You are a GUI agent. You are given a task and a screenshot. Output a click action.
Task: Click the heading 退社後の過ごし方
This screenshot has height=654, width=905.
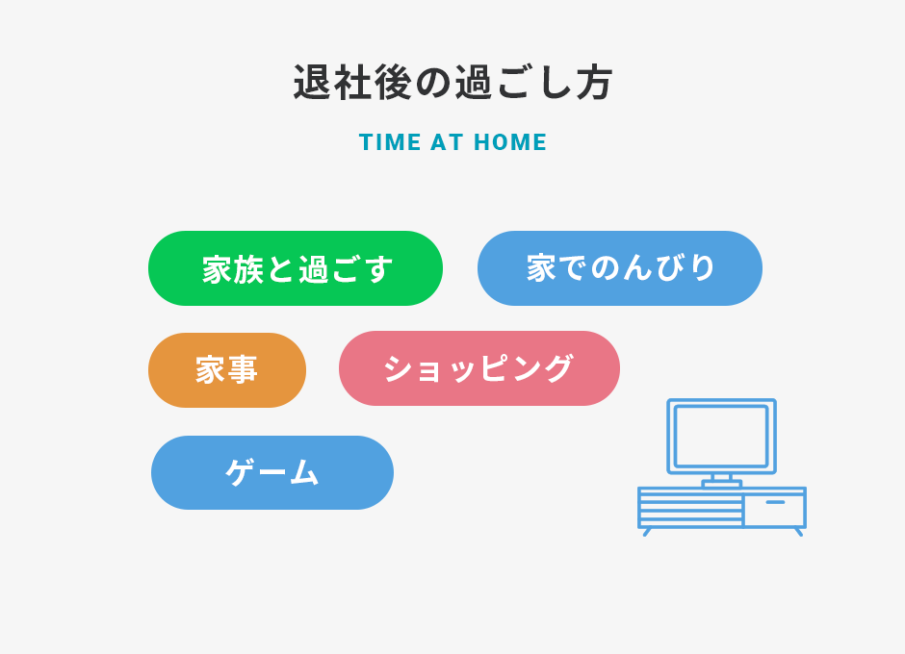pos(452,83)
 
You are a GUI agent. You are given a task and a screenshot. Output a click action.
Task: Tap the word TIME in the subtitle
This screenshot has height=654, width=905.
pos(390,142)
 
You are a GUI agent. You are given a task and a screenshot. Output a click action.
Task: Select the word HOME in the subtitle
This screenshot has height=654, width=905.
pos(510,142)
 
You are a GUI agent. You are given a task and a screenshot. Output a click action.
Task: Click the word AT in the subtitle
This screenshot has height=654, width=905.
pos(448,142)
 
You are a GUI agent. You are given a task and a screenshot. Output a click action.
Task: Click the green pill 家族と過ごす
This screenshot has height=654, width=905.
pos(296,268)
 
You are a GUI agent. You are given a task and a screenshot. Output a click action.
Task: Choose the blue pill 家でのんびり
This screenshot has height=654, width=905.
pos(620,268)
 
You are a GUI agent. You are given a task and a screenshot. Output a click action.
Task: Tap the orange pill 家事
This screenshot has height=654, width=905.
pos(227,370)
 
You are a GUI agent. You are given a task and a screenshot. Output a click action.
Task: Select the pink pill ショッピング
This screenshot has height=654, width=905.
pos(479,368)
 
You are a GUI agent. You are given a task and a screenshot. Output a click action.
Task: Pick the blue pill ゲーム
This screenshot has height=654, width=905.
pos(272,472)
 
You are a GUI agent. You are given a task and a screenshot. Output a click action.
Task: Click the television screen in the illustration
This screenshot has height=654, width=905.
pos(721,437)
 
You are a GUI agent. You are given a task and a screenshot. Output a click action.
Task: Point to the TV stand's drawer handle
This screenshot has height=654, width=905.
pos(775,502)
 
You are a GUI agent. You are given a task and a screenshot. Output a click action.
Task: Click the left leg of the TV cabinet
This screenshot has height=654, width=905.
pos(647,532)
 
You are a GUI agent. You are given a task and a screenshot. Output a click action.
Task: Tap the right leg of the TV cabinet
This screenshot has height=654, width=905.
pos(799,532)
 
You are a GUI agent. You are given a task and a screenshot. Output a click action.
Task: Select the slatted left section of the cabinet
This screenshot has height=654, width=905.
pos(691,509)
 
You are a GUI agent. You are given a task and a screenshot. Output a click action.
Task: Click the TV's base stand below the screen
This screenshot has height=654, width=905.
pos(721,481)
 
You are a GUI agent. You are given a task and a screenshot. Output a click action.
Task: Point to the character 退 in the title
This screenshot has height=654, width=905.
pos(312,83)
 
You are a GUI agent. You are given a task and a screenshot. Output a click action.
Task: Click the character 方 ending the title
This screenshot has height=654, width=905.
pos(594,83)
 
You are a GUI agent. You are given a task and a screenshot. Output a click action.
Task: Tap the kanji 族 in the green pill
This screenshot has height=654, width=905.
pos(248,269)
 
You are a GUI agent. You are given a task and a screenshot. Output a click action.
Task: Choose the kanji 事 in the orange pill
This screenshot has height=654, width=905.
pos(243,369)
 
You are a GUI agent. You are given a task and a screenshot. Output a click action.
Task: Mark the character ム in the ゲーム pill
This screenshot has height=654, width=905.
pos(304,472)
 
